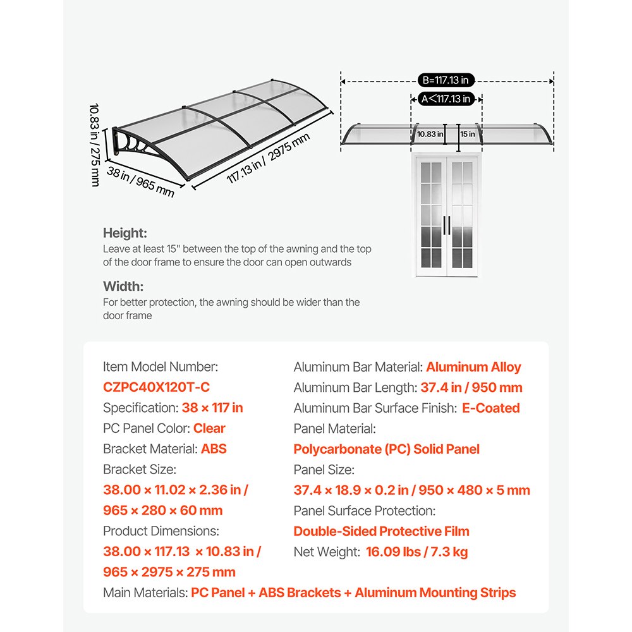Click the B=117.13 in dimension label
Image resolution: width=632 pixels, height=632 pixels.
pos(446,80)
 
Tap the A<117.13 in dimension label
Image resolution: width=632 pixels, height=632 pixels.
pos(446,99)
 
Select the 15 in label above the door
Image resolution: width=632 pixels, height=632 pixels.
pos(468,134)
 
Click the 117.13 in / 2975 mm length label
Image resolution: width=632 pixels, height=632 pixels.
pos(269,158)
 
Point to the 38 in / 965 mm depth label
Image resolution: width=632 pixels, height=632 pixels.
pos(140,182)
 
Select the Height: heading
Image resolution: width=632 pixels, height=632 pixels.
pos(125,233)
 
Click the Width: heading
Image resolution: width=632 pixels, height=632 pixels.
pos(123,286)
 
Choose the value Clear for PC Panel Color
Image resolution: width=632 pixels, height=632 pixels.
pos(209,428)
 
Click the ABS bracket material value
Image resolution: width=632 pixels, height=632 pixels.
pos(214,449)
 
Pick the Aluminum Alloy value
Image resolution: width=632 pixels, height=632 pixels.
pos(473,367)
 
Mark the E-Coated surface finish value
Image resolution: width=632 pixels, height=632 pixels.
pos(491,408)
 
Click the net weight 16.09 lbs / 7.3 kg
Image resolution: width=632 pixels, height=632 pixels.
pos(416,552)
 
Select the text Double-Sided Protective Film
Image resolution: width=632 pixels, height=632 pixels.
pos(381,532)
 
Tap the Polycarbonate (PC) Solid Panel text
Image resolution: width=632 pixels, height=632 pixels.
pos(386,449)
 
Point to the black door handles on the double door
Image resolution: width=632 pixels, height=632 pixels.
pos(447,226)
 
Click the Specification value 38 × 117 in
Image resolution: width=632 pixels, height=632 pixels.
pos(212,408)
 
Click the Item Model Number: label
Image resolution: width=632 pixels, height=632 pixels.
pos(161,367)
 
